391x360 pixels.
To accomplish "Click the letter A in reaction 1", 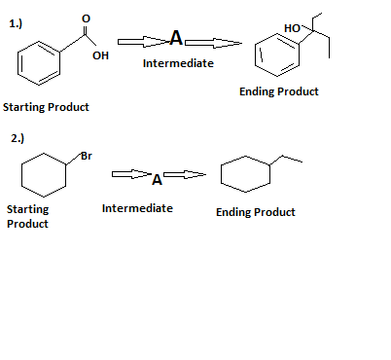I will point(175,39).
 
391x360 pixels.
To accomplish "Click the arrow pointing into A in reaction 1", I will point(142,41).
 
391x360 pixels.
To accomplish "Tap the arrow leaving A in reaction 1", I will point(213,42).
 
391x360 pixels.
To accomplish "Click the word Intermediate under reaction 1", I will point(178,64).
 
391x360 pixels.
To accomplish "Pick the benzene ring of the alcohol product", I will point(276,55).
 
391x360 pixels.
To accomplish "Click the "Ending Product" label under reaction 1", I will point(278,91).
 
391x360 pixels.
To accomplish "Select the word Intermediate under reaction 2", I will point(137,208).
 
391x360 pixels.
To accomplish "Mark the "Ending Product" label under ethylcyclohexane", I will point(255,212).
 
